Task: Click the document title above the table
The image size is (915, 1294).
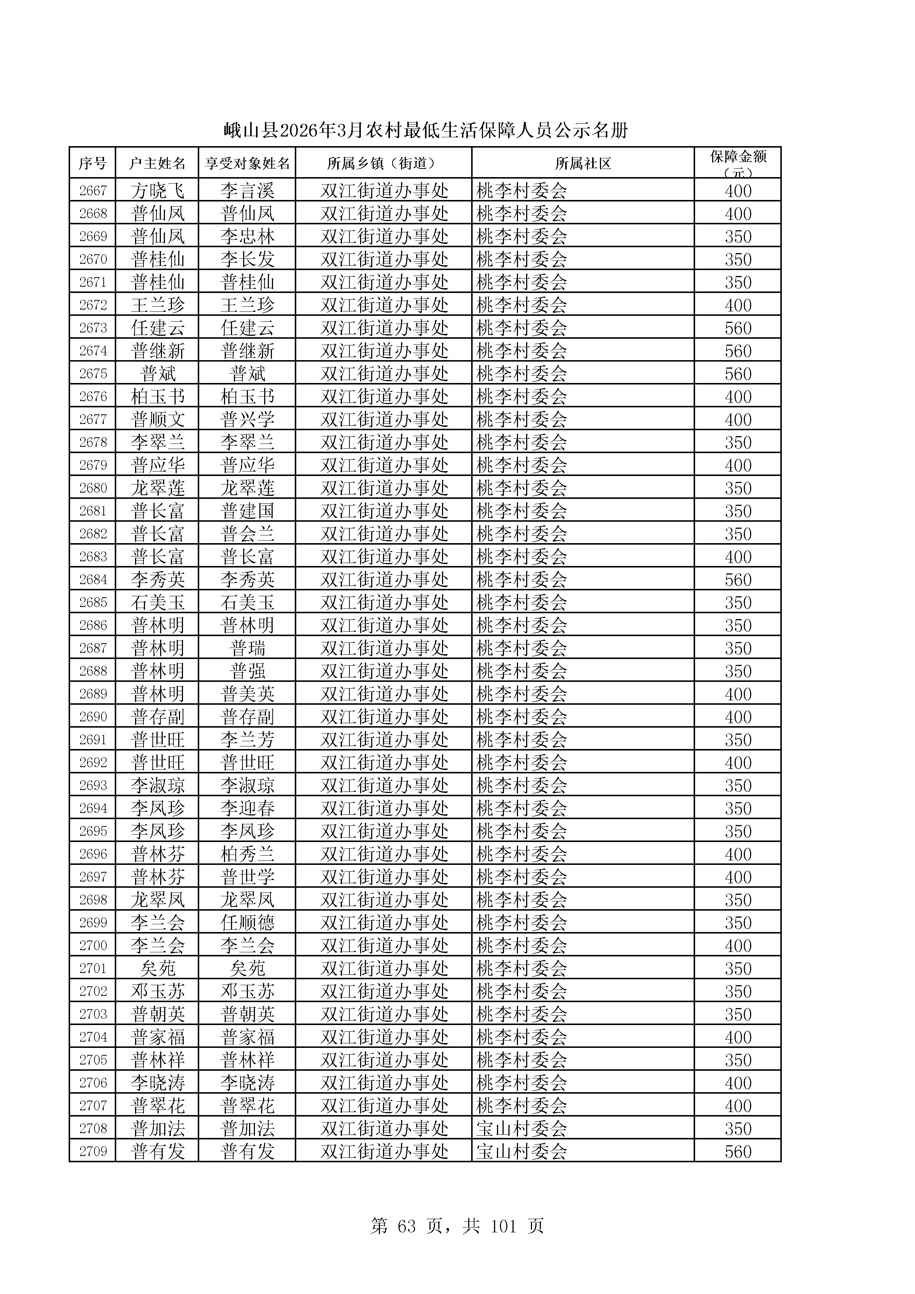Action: tap(425, 131)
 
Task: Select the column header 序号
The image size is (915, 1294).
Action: tap(92, 163)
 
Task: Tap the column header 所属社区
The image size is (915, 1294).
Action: tap(583, 163)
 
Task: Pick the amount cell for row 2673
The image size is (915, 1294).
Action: tap(738, 328)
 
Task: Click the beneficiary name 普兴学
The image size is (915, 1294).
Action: tap(247, 419)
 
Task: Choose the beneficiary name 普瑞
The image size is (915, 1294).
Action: tap(247, 648)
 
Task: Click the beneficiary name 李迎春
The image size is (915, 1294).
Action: tap(247, 808)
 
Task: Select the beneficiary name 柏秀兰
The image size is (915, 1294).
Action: tap(247, 854)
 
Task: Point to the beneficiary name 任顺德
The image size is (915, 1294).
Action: tap(247, 922)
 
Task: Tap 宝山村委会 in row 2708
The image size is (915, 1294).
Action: tap(521, 1129)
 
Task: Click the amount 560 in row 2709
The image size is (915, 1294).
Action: tap(738, 1152)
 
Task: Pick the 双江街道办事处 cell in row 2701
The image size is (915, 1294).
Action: tap(384, 968)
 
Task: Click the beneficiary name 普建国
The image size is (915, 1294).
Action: tap(247, 511)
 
